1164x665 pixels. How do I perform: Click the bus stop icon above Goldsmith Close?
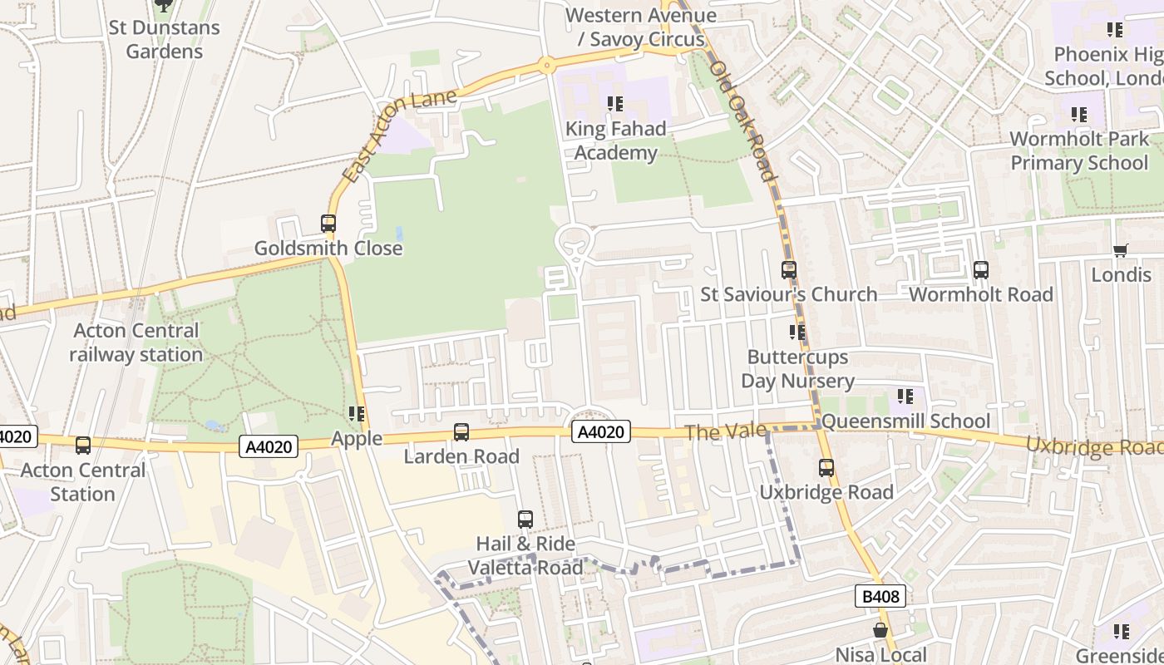pos(328,223)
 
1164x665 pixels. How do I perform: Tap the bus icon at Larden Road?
pos(461,431)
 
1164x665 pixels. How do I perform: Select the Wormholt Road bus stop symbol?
pos(981,269)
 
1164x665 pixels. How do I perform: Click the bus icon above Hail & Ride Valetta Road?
pos(525,519)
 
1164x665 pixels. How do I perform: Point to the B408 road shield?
pos(880,595)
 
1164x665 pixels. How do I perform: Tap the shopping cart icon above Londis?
pos(1121,250)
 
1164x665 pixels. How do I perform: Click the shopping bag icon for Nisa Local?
pos(880,631)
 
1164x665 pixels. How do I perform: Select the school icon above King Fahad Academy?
pos(615,104)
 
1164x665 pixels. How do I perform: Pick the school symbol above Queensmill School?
pos(905,397)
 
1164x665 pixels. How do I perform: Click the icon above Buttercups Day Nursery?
pos(797,332)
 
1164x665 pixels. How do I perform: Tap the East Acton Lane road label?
pos(399,135)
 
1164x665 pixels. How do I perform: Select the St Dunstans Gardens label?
pos(164,39)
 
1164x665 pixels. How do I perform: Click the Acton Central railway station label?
pos(136,342)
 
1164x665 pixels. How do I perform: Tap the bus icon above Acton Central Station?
pos(83,445)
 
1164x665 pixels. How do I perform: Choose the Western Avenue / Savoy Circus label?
pos(640,27)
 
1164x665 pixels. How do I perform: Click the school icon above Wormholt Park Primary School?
pos(1079,114)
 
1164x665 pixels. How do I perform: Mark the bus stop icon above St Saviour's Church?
pos(789,269)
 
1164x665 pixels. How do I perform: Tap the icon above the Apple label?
pos(357,414)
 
